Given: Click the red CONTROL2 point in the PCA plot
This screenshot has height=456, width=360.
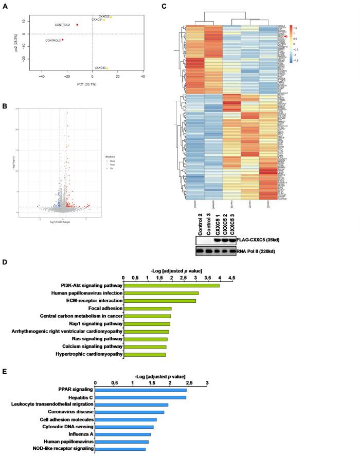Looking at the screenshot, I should tap(77, 25).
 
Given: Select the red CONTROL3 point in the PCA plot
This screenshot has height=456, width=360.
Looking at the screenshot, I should tap(63, 40).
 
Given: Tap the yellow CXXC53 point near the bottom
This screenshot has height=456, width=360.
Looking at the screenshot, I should tap(107, 68).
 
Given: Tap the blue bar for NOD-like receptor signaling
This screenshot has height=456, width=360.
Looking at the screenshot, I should tap(120, 449).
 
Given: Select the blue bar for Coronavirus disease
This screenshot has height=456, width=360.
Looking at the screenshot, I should tap(130, 412).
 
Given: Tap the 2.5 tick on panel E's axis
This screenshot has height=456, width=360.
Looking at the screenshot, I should tap(188, 383).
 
